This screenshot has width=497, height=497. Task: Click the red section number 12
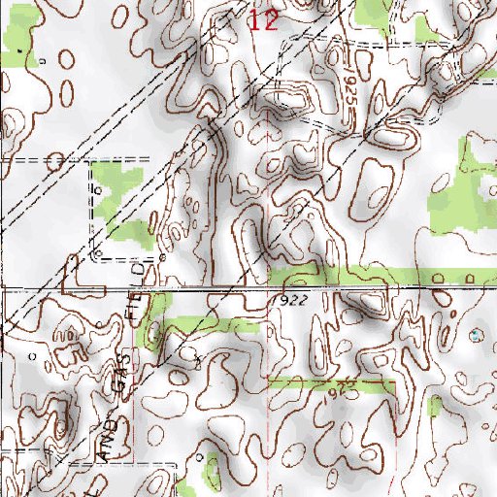tap(263, 20)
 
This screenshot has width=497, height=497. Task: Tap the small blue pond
tap(475, 335)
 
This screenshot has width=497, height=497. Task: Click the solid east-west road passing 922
tap(243, 288)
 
